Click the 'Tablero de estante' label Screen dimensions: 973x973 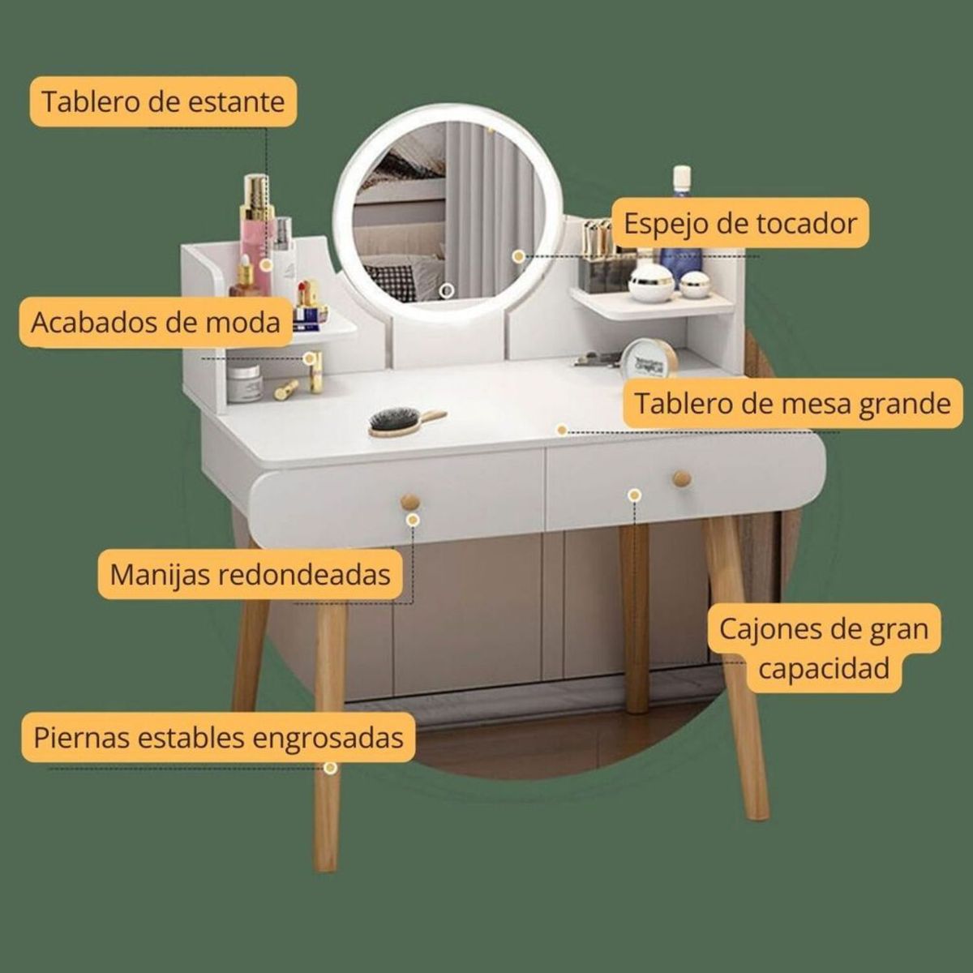click(163, 102)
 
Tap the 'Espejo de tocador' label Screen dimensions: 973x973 click(739, 222)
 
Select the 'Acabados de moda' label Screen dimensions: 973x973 click(156, 322)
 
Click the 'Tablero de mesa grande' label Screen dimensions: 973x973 click(792, 403)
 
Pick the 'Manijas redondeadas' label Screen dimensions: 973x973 click(251, 574)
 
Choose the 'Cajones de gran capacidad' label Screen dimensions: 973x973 click(824, 648)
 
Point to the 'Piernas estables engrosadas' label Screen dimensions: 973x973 click(218, 738)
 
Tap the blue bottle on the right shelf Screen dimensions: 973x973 click(681, 231)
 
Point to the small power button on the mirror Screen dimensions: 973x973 click(445, 289)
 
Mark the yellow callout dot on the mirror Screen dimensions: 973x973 click(519, 255)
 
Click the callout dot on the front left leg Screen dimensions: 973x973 click(330, 767)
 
